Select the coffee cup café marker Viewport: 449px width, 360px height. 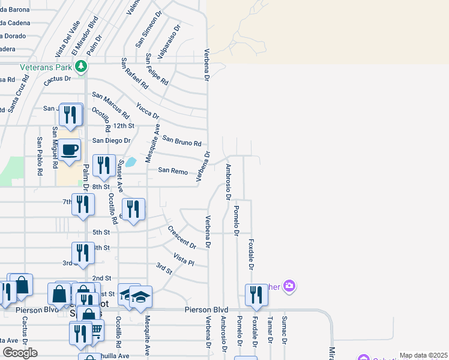(x=70, y=150)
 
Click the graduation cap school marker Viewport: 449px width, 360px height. (x=140, y=297)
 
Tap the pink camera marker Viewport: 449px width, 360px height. (x=289, y=286)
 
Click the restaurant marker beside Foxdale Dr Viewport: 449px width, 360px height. (x=256, y=295)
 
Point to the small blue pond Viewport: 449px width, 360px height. (x=130, y=161)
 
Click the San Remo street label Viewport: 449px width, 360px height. (x=173, y=170)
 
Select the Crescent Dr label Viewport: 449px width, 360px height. (x=182, y=237)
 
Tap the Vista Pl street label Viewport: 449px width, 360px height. (x=184, y=259)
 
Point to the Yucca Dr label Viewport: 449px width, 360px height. (x=148, y=111)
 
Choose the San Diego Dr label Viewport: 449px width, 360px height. (x=111, y=140)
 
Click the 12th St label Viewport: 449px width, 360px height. (x=124, y=126)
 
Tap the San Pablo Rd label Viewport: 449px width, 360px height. (x=40, y=156)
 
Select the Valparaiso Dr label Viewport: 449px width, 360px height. (x=169, y=40)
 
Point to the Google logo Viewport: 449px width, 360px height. (x=20, y=353)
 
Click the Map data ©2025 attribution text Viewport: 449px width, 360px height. (x=423, y=356)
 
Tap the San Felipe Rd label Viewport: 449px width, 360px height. (x=157, y=69)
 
